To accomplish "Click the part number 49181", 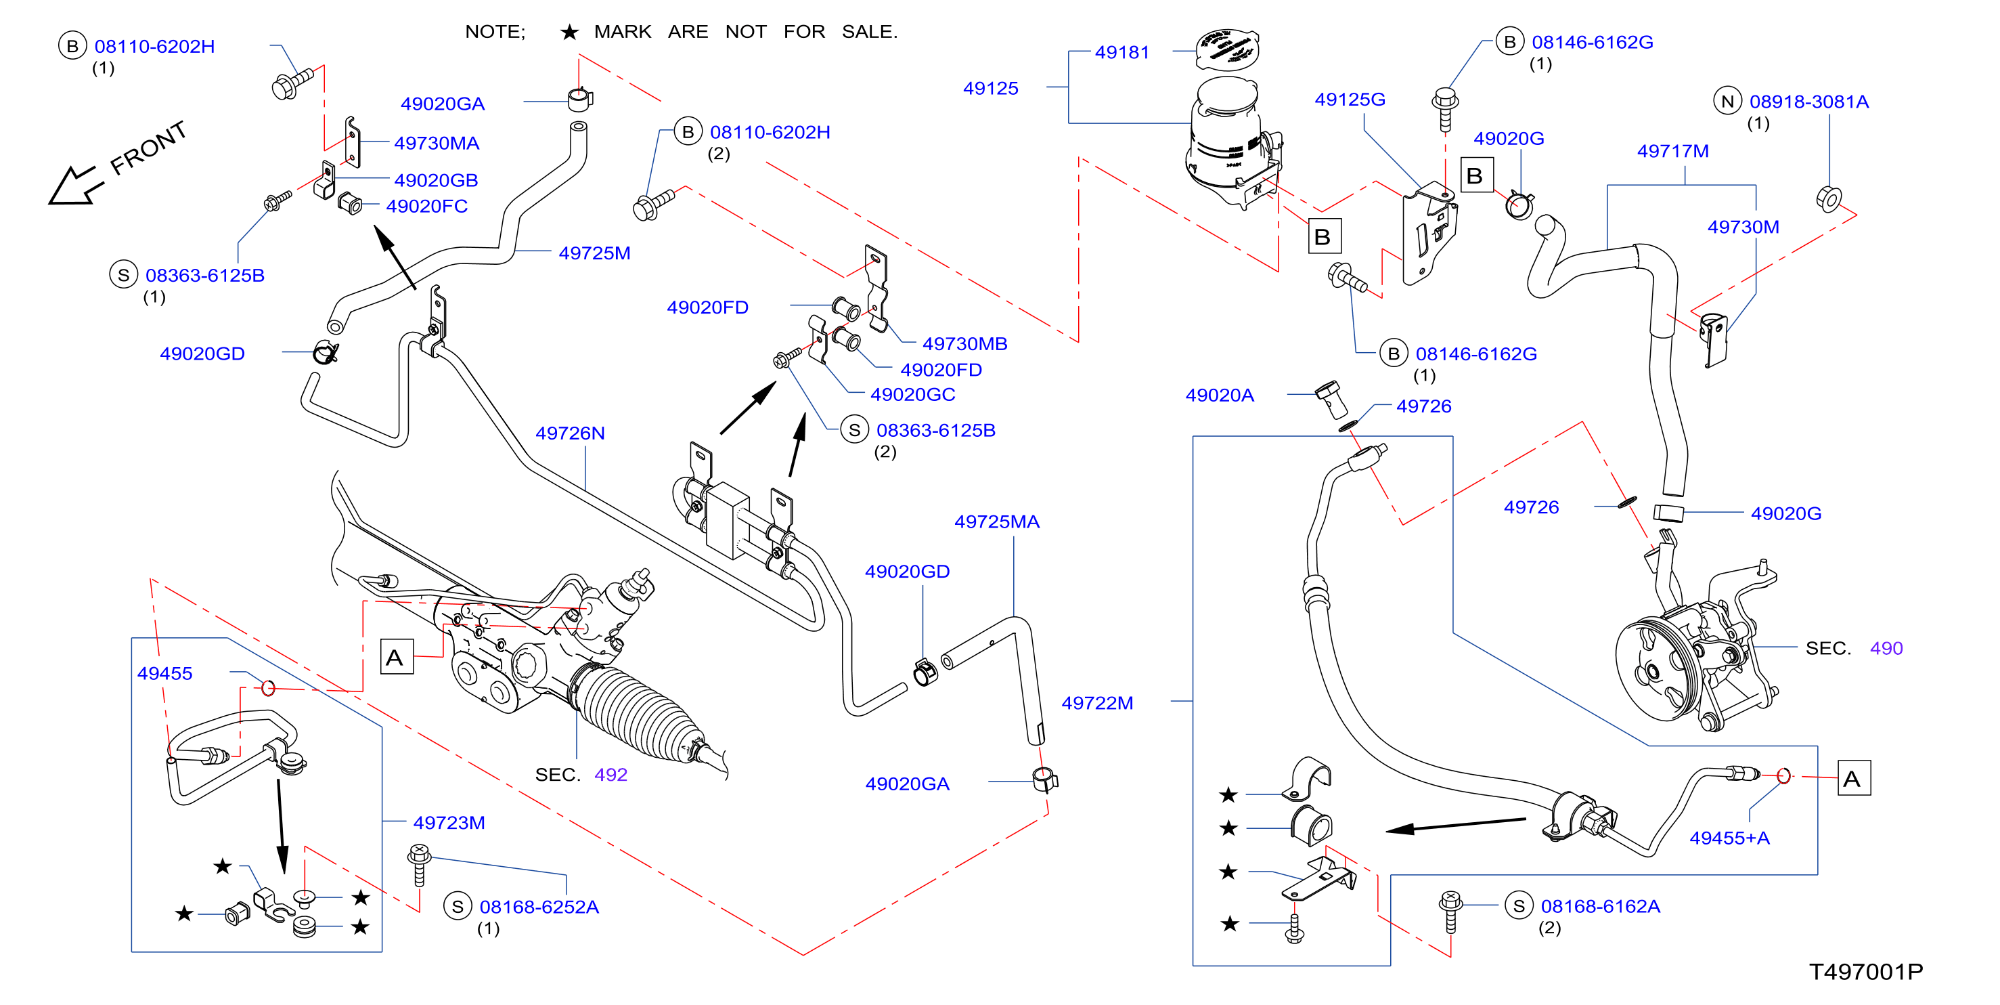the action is coord(1122,52).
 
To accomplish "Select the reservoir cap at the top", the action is coord(1226,48).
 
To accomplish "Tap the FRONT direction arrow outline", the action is coord(75,186).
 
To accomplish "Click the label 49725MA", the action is coord(997,522).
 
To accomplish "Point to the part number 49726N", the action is coord(570,433).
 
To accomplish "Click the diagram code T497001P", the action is coord(1867,972).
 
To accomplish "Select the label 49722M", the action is coord(1097,703).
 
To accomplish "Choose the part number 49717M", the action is coord(1673,152).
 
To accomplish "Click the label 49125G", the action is coord(1350,100).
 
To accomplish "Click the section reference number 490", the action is coord(1887,649).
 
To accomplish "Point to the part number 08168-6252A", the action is coord(539,907).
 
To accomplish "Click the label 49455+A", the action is coord(1730,838).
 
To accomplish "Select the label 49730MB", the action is coord(965,344).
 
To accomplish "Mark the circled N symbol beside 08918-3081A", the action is coord(1727,101).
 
